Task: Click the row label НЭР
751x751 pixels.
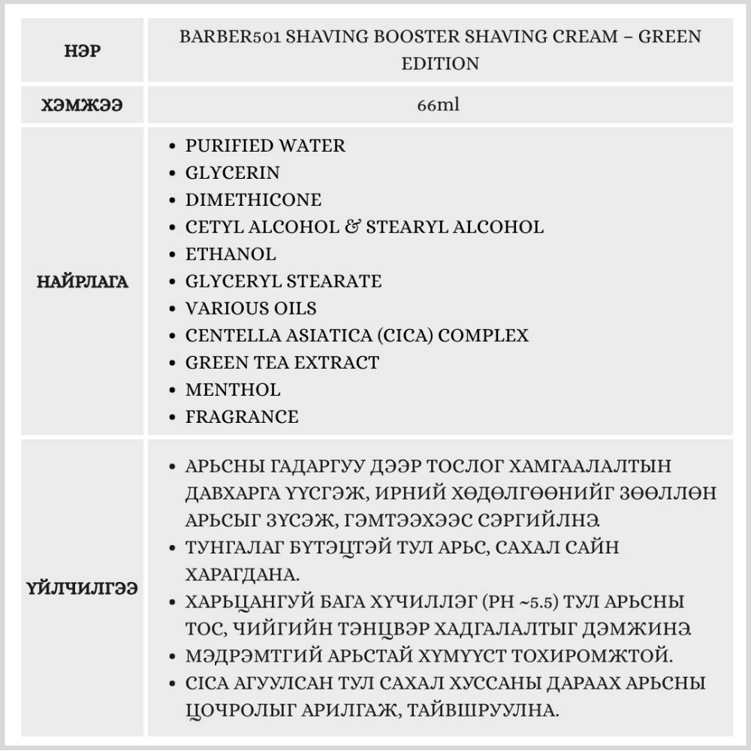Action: coord(83,51)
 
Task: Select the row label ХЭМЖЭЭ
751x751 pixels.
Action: coord(83,105)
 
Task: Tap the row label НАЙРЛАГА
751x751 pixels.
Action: coord(83,282)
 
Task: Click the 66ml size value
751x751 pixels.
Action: coord(439,105)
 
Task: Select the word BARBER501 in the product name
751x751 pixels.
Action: coord(226,37)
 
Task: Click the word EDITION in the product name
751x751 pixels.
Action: coord(440,64)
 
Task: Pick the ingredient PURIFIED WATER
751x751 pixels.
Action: coord(265,146)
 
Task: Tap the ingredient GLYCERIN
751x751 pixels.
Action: coord(232,173)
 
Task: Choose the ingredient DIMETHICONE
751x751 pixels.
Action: coord(253,200)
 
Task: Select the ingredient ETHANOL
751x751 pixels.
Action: coord(231,254)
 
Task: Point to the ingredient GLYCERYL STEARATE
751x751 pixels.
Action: coord(283,281)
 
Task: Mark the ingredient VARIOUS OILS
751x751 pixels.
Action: coord(251,308)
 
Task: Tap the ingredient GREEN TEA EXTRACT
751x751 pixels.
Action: coord(282,362)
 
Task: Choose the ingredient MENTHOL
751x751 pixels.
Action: coord(233,389)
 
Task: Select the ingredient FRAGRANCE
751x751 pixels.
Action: coord(242,416)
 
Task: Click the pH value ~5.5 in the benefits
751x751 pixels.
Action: coord(541,602)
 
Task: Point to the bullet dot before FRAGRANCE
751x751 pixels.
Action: coord(174,417)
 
